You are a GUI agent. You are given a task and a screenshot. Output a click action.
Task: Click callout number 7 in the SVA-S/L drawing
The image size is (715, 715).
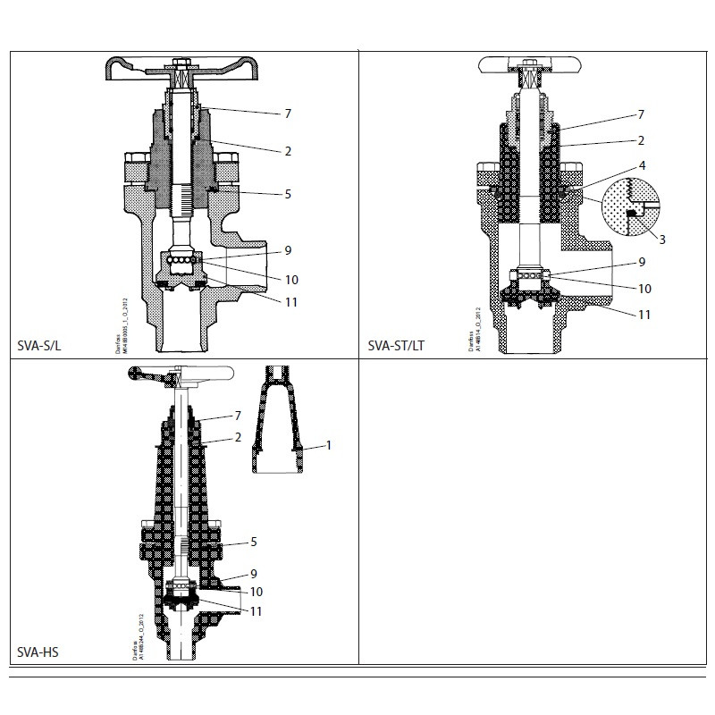pyautogui.click(x=288, y=114)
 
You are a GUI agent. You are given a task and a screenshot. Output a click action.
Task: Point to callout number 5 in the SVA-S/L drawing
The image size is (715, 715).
pyautogui.click(x=288, y=194)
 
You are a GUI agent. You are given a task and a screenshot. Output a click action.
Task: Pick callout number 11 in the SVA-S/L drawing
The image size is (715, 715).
pyautogui.click(x=291, y=302)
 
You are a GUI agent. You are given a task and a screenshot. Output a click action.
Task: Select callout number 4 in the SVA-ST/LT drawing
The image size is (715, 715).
pyautogui.click(x=641, y=166)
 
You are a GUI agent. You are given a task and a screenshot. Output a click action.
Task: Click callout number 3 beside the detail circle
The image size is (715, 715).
pyautogui.click(x=662, y=239)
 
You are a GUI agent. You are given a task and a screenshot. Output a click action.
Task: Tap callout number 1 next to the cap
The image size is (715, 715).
pyautogui.click(x=328, y=444)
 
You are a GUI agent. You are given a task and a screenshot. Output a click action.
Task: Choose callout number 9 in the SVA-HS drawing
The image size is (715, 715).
pyautogui.click(x=253, y=573)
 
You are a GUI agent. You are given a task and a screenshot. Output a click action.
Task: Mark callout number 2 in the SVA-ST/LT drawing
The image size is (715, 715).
pyautogui.click(x=641, y=141)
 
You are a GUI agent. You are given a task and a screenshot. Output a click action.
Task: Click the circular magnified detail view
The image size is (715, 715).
pyautogui.click(x=631, y=208)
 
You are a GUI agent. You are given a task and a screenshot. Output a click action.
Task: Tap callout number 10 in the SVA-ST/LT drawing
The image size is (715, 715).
pyautogui.click(x=643, y=289)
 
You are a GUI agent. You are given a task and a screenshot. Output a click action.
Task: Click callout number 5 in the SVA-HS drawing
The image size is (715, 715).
pyautogui.click(x=253, y=542)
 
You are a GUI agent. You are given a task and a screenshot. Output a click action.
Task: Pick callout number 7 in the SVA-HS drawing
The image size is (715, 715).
pyautogui.click(x=238, y=416)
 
